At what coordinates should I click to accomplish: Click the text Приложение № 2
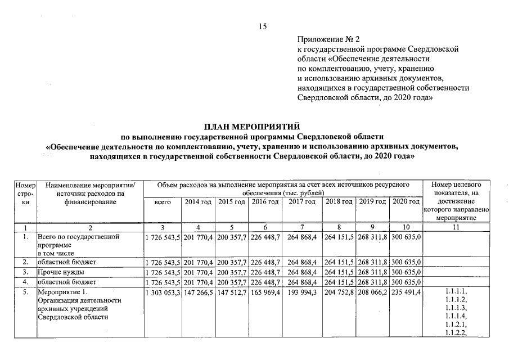tap(328, 39)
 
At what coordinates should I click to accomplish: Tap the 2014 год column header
tap(199, 202)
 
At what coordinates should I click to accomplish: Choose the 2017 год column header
tap(302, 202)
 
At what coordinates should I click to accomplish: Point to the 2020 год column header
tap(406, 202)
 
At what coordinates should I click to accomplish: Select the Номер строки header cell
tap(25, 193)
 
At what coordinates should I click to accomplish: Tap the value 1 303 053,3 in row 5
tap(162, 292)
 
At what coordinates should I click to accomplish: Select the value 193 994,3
tap(302, 292)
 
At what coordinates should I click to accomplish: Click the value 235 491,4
tap(406, 292)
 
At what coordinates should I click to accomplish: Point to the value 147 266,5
tap(199, 292)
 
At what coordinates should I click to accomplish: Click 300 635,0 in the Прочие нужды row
tap(406, 272)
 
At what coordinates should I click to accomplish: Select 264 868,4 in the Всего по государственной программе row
tap(302, 237)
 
